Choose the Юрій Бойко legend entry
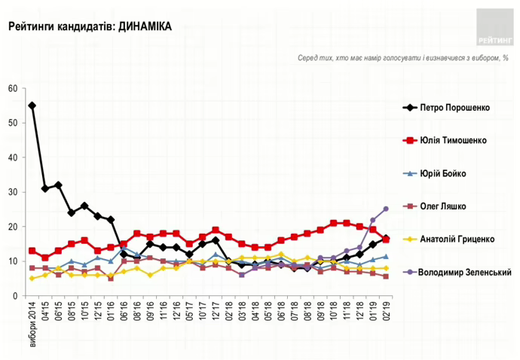tap(444, 173)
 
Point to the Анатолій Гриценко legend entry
tap(457, 239)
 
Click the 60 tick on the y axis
tap(13, 89)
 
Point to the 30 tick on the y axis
tap(13, 193)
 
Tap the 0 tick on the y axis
tap(15, 297)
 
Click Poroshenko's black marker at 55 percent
tap(32, 106)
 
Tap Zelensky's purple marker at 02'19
tap(386, 209)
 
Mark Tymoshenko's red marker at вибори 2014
tap(32, 252)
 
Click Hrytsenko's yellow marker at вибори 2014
tap(32, 279)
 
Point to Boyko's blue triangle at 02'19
tap(386, 257)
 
